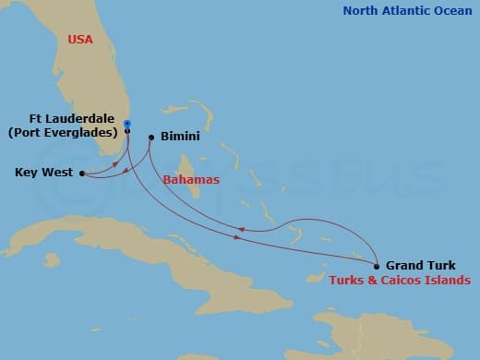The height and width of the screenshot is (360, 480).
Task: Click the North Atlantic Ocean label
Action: pyautogui.click(x=406, y=11)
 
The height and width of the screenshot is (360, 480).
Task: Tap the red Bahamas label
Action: pyautogui.click(x=191, y=180)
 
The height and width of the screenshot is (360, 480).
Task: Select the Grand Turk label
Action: pyautogui.click(x=420, y=265)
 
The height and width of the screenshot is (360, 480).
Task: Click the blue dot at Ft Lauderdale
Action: pyautogui.click(x=127, y=124)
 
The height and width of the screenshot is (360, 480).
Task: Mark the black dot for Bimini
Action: pyautogui.click(x=150, y=138)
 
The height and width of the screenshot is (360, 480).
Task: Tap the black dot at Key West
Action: pyautogui.click(x=82, y=173)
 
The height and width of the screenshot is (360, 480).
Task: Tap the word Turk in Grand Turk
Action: pyautogui.click(x=439, y=265)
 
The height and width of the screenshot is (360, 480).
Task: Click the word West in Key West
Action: pyautogui.click(x=58, y=173)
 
